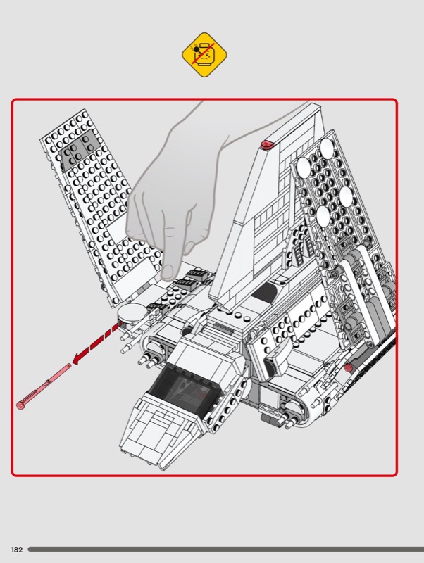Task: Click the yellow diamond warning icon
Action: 204,55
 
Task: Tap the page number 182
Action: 16,550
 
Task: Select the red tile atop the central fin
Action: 267,144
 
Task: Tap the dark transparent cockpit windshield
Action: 183,390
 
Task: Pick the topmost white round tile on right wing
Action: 328,147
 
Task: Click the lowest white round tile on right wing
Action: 323,215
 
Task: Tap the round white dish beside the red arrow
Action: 132,312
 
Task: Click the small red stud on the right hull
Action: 347,367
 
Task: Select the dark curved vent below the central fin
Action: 266,293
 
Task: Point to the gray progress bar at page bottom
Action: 226,550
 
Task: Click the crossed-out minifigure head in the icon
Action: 204,55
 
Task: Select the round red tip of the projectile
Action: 20,406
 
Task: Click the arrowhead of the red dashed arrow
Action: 77,359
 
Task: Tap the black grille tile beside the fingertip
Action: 197,274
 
